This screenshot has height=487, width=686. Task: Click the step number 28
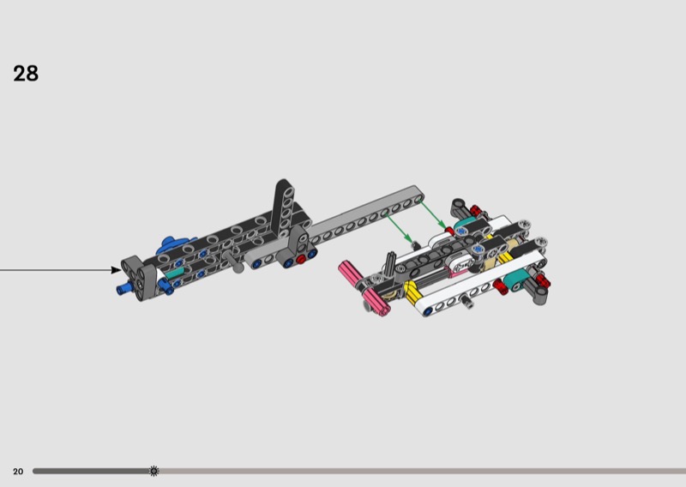click(x=26, y=74)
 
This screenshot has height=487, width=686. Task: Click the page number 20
click(x=18, y=472)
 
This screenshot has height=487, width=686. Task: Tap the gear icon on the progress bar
click(x=154, y=471)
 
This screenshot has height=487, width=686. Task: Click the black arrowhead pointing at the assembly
click(x=117, y=270)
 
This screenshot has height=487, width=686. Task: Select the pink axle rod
click(x=364, y=287)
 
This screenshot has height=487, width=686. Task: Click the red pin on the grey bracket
click(x=301, y=259)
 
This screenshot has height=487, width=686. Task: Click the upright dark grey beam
click(x=283, y=206)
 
